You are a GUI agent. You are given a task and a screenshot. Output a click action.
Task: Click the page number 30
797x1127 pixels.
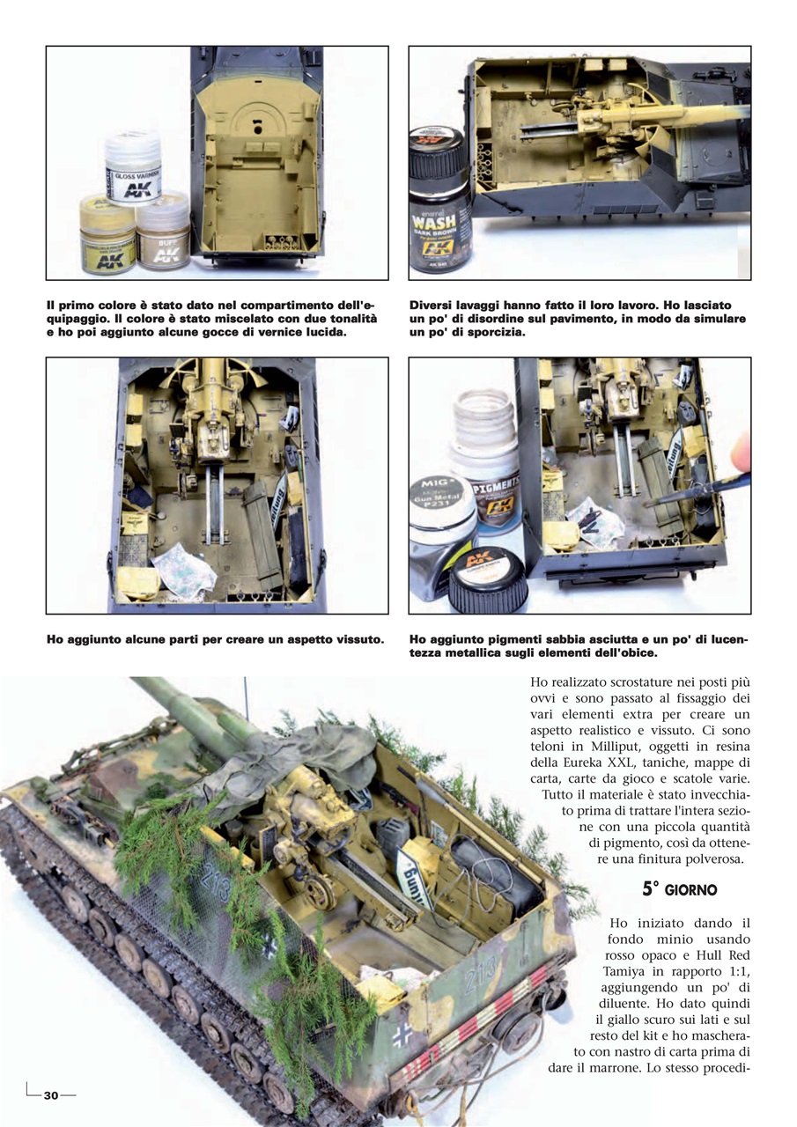(50, 1095)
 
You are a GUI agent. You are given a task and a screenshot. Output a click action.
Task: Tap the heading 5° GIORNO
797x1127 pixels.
(679, 889)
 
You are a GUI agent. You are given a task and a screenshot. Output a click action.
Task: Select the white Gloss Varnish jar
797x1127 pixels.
(133, 167)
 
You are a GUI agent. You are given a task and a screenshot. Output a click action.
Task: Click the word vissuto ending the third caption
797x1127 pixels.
(357, 639)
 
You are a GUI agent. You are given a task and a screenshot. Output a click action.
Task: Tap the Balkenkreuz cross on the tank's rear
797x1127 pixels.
(402, 1034)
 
